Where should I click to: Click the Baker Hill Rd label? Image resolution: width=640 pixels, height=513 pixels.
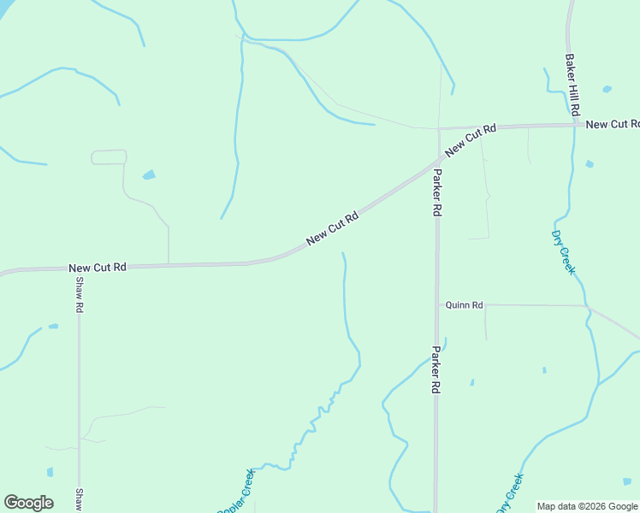coord(572,86)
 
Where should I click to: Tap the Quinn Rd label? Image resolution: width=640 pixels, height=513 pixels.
coord(465,304)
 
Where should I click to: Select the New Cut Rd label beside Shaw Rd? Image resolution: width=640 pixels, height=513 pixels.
coord(98,268)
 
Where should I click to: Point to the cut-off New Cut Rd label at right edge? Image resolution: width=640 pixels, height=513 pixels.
coord(612,124)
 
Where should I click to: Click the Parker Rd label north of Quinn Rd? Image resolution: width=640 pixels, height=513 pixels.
coord(436,192)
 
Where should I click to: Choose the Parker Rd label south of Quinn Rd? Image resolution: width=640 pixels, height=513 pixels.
coord(436,369)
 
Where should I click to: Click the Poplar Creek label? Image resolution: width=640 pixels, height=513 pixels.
coord(237,493)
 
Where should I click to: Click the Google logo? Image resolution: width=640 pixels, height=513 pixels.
coord(28,503)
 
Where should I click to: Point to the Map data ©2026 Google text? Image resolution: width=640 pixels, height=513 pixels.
coord(588,506)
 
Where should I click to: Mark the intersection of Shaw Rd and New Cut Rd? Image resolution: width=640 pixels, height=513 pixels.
coord(79,268)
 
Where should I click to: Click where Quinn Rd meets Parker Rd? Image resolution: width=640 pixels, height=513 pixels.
coord(436,304)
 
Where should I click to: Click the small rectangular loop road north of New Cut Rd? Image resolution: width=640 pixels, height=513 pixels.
coord(109,156)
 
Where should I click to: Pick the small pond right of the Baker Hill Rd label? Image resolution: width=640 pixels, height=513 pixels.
coord(607,89)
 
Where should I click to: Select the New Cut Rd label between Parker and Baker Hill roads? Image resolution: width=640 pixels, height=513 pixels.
coord(471,139)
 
